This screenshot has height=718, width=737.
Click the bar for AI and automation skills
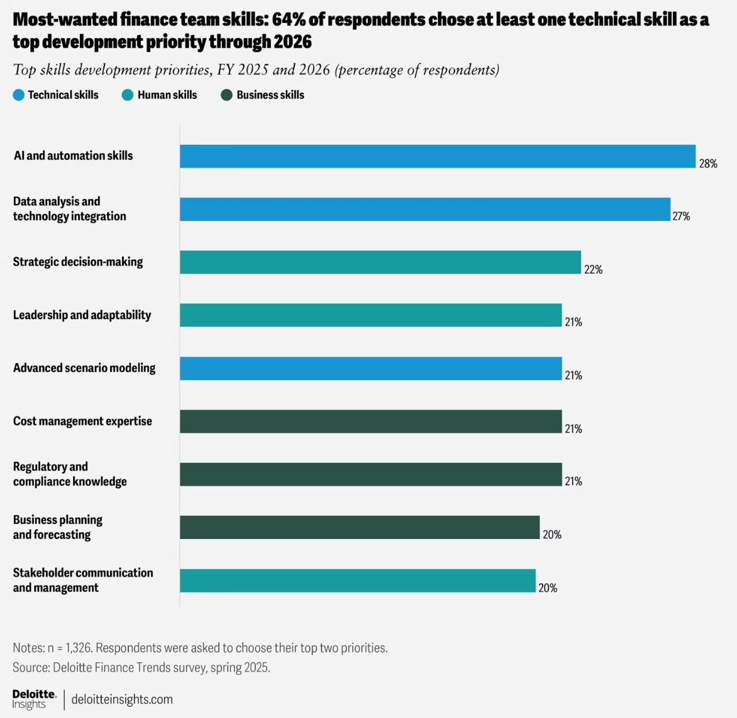[x=437, y=156]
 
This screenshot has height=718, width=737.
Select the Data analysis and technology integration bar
[x=425, y=209]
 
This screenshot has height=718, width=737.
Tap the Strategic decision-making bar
[x=380, y=262]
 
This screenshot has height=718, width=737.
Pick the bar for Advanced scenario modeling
[x=370, y=368]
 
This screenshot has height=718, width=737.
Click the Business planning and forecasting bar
[x=360, y=527]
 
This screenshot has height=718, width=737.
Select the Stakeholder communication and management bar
[x=357, y=580]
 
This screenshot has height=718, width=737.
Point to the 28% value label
[x=708, y=164]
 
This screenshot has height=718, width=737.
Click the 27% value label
[x=681, y=217]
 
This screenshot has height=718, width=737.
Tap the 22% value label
[x=593, y=270]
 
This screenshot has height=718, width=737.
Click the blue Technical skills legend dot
[x=19, y=95]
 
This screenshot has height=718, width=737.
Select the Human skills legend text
[x=167, y=95]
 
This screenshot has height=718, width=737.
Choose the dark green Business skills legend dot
[x=226, y=95]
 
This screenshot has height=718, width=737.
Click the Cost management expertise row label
[x=83, y=421]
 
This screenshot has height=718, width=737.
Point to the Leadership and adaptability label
[x=82, y=315]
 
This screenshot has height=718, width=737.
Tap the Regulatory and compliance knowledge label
[x=70, y=474]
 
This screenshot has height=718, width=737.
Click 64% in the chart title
[x=289, y=20]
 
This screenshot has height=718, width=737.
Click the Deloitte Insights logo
[x=34, y=699]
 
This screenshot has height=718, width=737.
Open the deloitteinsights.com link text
[x=122, y=699]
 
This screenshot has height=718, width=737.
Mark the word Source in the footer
[x=30, y=667]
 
